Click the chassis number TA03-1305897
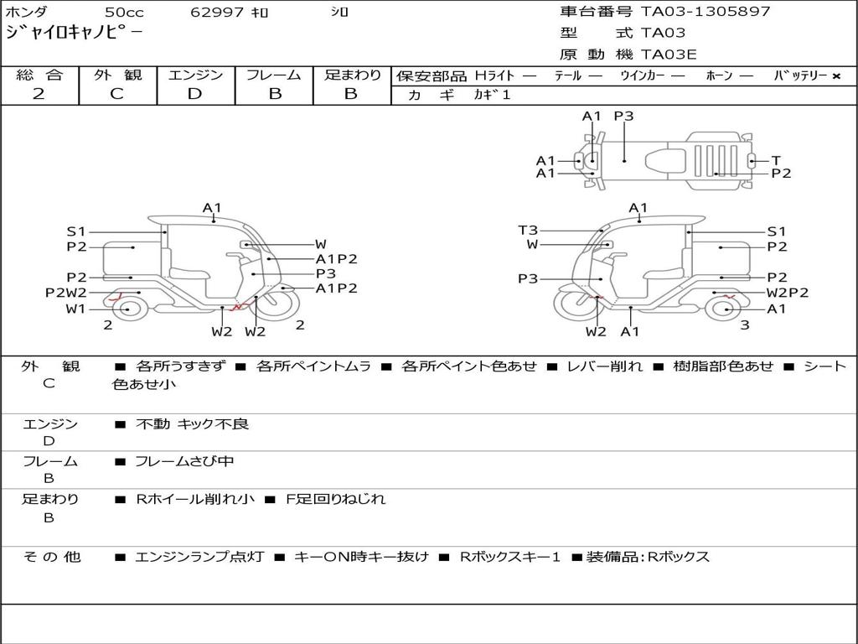[706, 11]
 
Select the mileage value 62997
[216, 12]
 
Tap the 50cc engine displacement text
[125, 12]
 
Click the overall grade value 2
[39, 94]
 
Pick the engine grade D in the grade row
[194, 94]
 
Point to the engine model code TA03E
[669, 55]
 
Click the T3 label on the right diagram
[528, 231]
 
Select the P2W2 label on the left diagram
[65, 293]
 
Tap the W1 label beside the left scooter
[76, 309]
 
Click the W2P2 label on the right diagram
[788, 293]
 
